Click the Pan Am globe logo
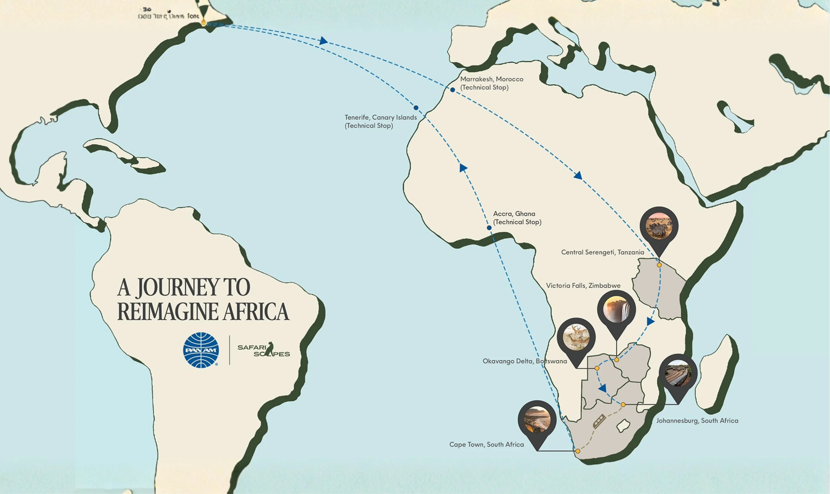point(201,350)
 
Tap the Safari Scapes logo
point(264,350)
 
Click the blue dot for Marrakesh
point(453,90)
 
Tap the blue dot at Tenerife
point(416,108)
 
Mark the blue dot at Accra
point(489,228)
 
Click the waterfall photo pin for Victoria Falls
point(616,310)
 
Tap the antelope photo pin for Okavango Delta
point(576,337)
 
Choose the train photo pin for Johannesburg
point(678,374)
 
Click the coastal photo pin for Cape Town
point(537,420)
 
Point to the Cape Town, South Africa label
point(486,444)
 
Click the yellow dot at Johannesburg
point(623,404)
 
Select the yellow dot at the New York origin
point(204,23)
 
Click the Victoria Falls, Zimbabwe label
point(583,285)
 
